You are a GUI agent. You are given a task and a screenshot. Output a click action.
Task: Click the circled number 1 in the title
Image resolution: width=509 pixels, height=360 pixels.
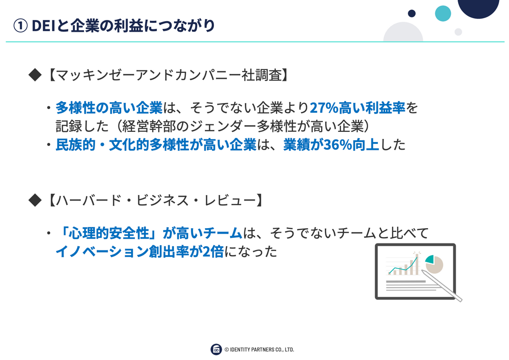coord(20,26)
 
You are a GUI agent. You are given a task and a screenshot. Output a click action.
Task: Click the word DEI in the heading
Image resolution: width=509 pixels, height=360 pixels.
coord(43,26)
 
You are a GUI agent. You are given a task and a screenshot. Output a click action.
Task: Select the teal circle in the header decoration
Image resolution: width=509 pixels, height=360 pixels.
coord(443,14)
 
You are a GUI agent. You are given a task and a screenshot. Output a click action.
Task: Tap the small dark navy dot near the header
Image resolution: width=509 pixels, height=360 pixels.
coord(411,14)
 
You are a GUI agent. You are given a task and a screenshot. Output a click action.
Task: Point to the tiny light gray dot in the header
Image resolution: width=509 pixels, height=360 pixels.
coord(458,32)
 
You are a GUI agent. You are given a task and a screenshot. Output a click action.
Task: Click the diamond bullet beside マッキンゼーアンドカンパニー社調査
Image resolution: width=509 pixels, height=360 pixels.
coord(35,75)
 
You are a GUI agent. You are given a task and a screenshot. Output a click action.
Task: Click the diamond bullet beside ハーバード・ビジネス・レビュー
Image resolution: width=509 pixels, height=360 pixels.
coord(35,200)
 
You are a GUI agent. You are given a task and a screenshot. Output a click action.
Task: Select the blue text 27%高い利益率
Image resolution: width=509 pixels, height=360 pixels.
coord(358,108)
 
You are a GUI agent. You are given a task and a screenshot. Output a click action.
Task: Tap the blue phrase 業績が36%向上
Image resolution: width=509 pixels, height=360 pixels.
coord(331,145)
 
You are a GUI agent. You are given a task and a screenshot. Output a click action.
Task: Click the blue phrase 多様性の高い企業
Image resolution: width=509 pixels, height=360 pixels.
coord(109,108)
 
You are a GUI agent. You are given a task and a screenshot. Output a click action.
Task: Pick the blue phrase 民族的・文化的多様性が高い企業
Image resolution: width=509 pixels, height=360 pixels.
coord(156,145)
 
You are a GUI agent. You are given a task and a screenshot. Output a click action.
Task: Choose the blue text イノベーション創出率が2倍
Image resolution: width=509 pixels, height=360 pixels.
coord(140,251)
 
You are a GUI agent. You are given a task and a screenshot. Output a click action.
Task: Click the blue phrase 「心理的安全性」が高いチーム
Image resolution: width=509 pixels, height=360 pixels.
coord(149,233)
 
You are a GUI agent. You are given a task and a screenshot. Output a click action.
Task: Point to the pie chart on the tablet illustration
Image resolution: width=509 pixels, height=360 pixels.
coord(434,264)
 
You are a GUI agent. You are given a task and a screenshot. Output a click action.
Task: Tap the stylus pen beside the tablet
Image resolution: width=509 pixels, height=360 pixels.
coord(442,285)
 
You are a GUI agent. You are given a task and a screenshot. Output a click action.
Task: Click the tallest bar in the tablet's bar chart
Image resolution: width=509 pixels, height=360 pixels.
coord(417,264)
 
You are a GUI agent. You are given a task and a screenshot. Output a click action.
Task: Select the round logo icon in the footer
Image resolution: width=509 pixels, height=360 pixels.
coord(216,349)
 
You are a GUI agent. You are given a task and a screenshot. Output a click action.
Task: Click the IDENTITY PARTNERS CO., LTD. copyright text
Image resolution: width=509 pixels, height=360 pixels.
coord(259,349)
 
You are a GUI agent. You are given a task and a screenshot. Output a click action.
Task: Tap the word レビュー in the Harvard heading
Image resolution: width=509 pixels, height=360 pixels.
coord(230,200)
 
